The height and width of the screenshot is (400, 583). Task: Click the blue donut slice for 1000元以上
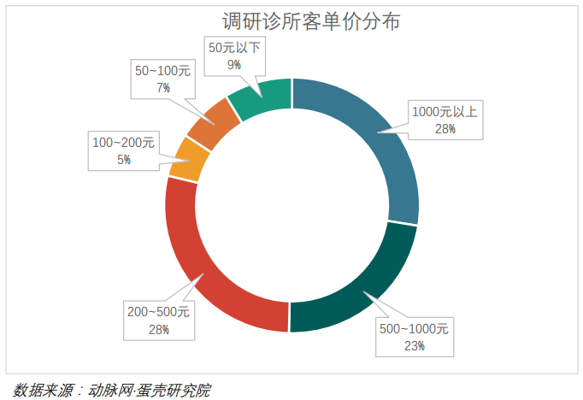[x=376, y=137]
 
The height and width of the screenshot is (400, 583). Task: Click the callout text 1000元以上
[x=445, y=111]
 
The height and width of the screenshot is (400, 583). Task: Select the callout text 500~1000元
[x=414, y=329]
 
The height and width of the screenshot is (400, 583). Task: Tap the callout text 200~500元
[x=158, y=312]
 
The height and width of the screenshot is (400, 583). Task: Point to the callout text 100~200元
[x=123, y=142]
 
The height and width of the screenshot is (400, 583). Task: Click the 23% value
[x=415, y=346]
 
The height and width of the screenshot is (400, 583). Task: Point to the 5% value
[x=124, y=159]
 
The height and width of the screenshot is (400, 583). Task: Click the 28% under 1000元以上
[x=445, y=128]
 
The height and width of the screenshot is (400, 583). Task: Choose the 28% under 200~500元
[x=158, y=329]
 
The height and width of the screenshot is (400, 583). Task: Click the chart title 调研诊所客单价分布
[x=310, y=21]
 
